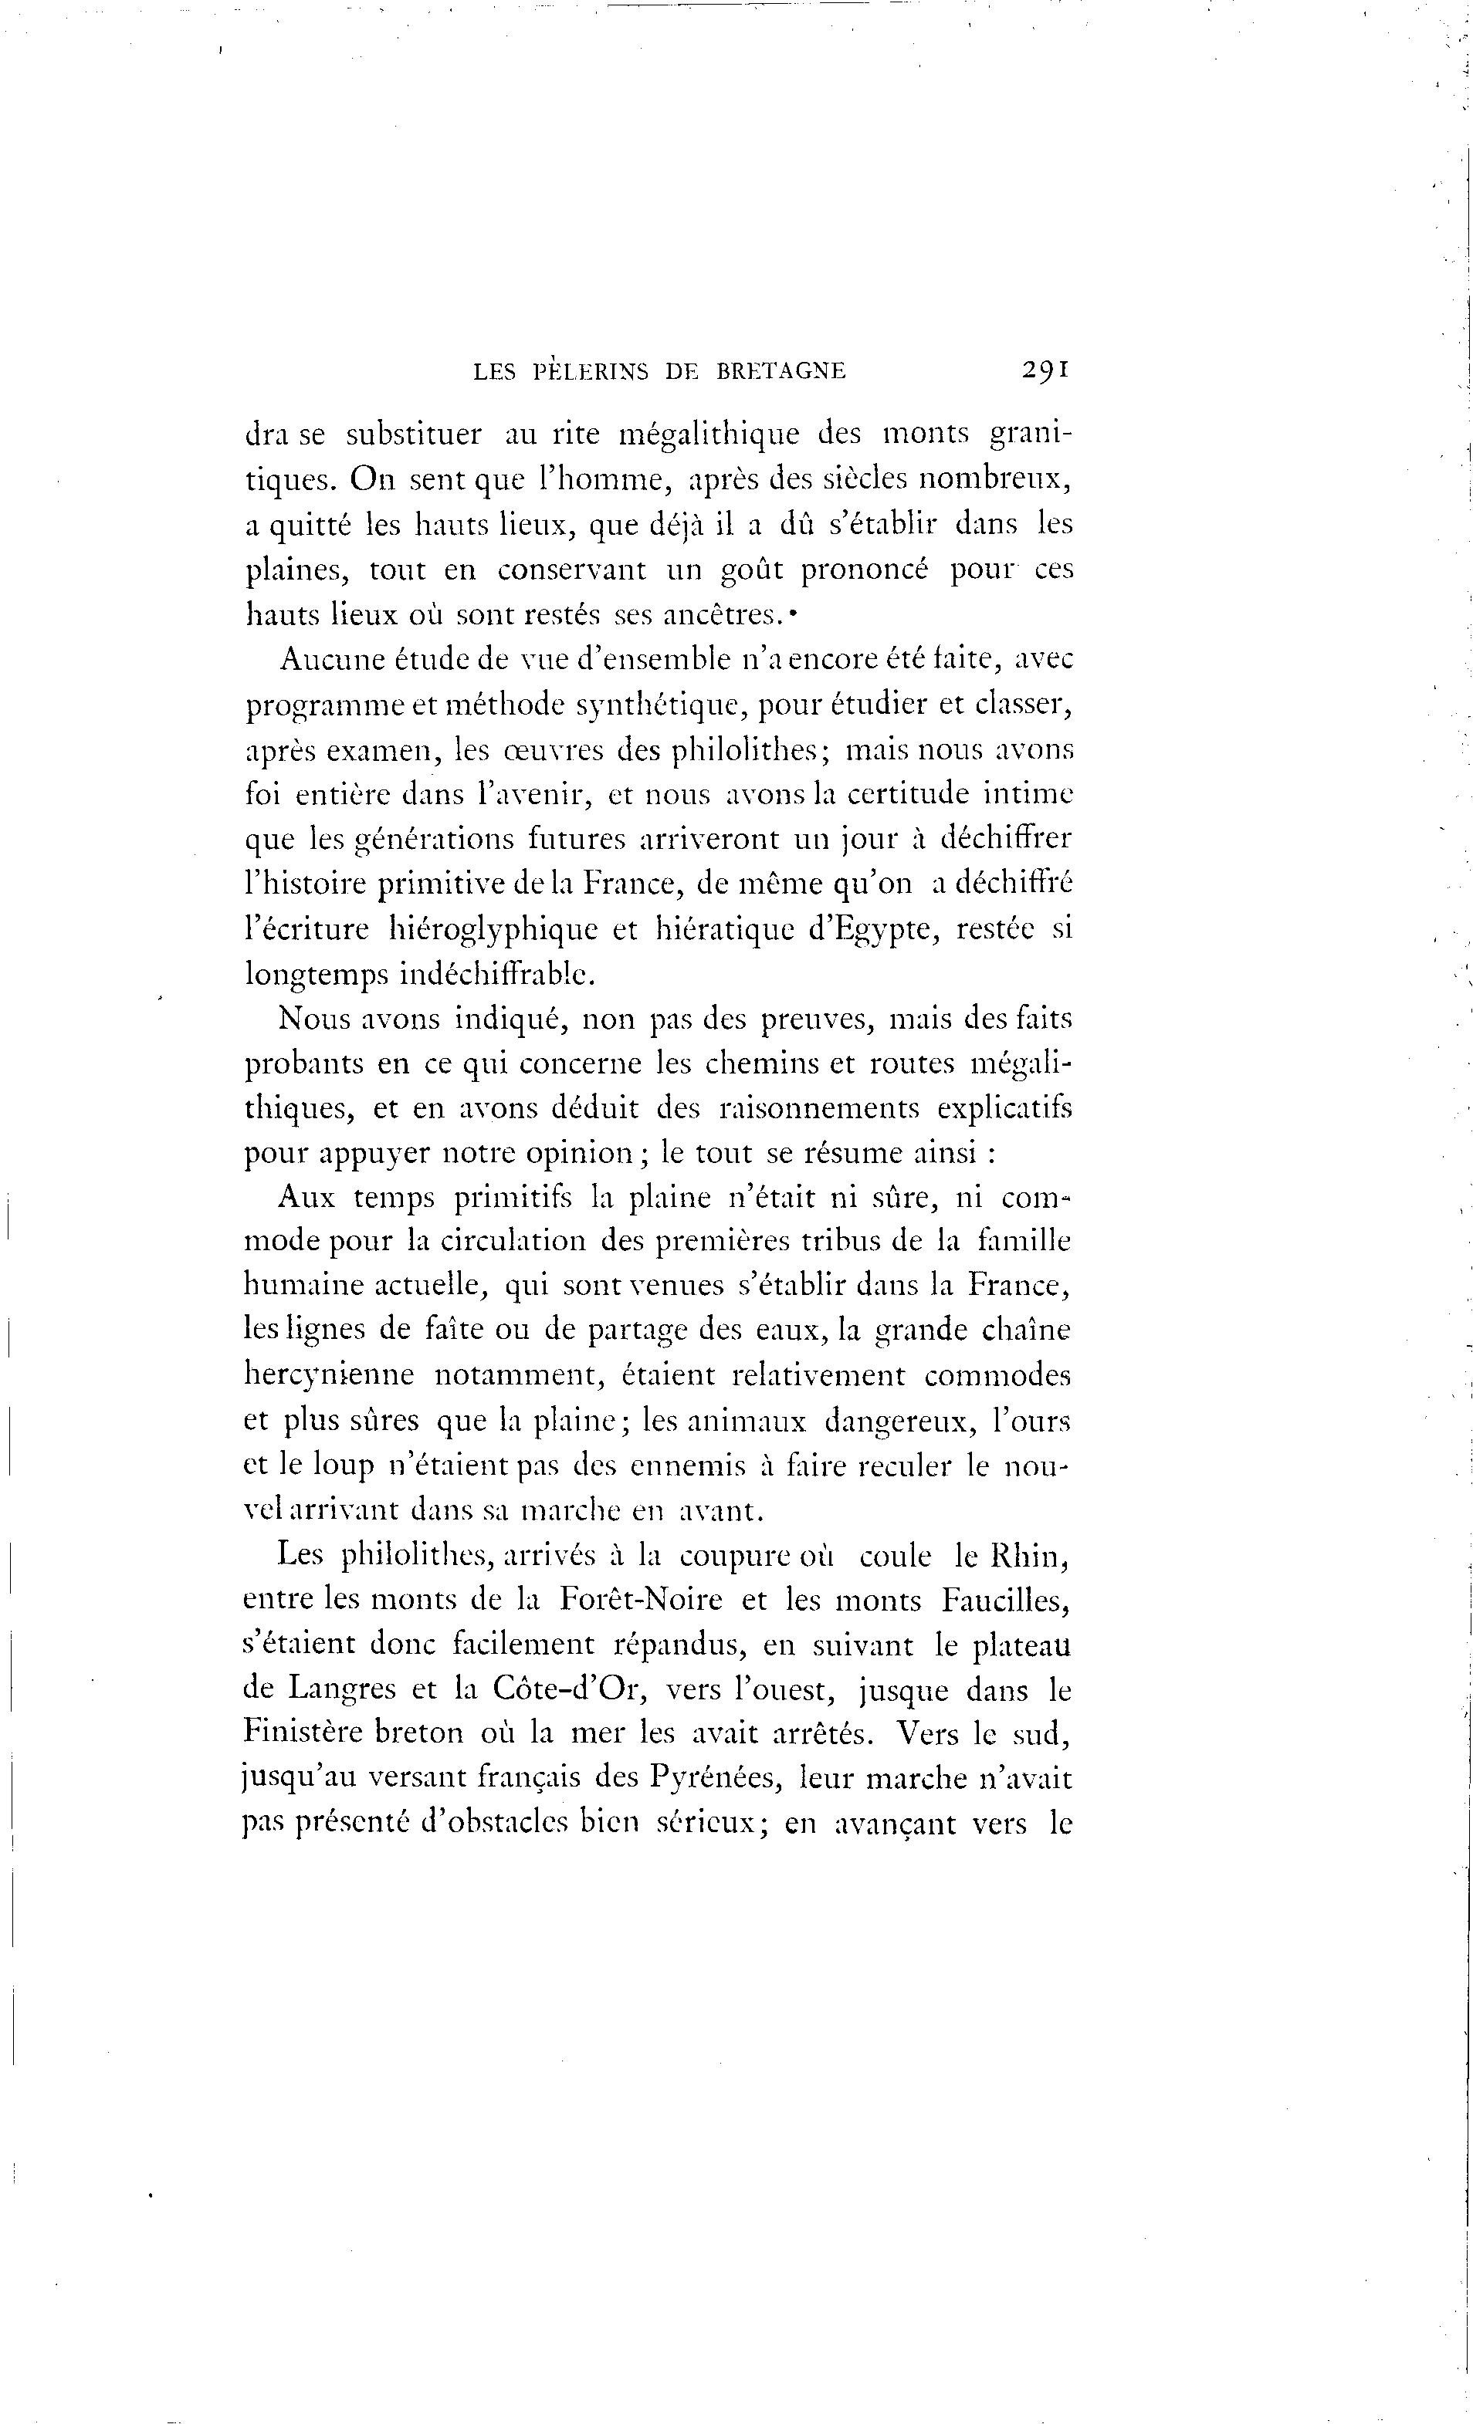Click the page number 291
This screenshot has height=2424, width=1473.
[1045, 370]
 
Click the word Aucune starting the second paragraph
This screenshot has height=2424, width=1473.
[334, 658]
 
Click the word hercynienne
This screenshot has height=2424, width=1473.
[329, 1374]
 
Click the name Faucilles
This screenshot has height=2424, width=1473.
[1004, 1601]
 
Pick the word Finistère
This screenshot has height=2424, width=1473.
[319, 1733]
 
